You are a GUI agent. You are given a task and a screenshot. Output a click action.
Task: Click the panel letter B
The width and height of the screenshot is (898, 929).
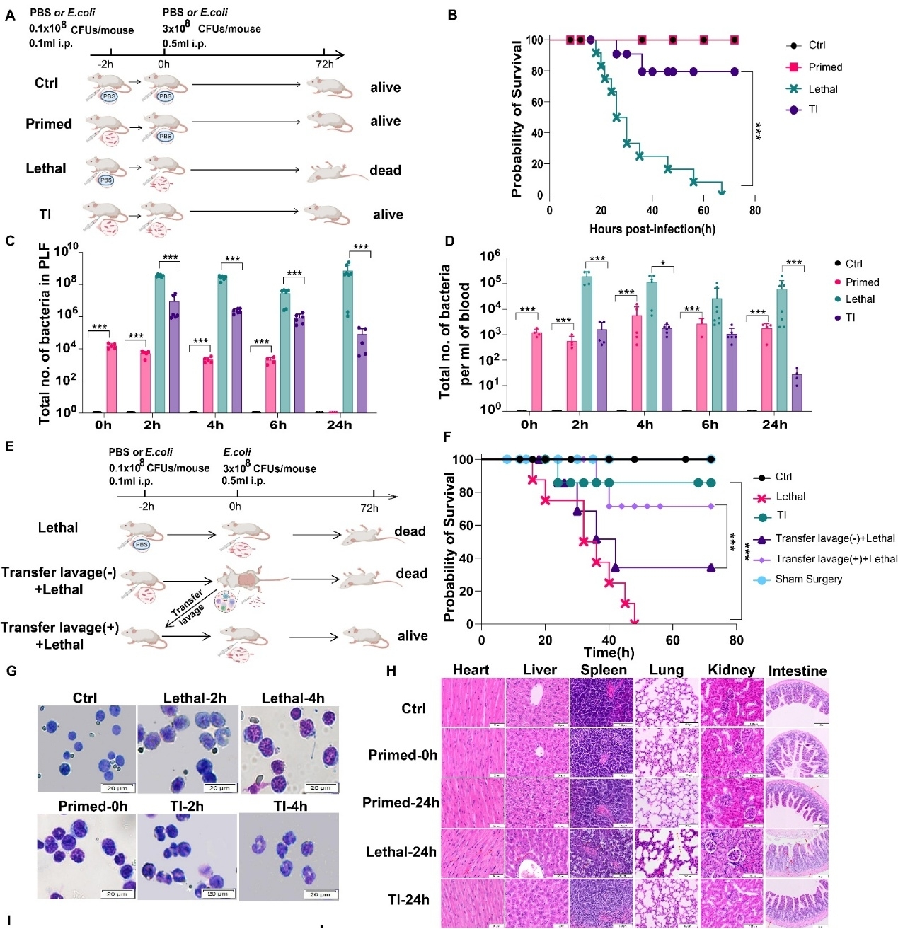[x=452, y=15]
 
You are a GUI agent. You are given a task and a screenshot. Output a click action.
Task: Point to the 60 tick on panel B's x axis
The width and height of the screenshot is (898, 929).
[x=703, y=210]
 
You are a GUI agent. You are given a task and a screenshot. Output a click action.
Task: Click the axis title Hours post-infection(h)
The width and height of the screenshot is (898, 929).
[x=652, y=229]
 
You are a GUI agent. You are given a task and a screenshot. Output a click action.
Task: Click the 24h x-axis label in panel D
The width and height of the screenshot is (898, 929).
[x=774, y=425]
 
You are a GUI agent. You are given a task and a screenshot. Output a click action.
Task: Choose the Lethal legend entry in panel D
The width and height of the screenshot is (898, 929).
[x=860, y=299]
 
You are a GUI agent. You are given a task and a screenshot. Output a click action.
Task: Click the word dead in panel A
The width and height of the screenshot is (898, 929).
[x=385, y=171]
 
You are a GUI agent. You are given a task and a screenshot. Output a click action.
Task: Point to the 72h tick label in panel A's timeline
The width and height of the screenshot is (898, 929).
[x=325, y=64]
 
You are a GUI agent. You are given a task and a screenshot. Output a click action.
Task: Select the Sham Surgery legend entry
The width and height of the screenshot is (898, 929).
[x=808, y=579]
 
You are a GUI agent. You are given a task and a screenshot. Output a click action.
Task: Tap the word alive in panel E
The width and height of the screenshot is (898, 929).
[x=413, y=636]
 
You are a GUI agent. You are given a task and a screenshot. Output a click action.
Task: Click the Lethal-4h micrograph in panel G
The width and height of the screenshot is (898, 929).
[x=290, y=749]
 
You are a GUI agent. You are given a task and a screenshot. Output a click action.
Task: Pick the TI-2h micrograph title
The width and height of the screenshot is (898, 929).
[x=186, y=806]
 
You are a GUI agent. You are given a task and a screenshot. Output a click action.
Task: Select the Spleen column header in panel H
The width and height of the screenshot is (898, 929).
[x=604, y=670]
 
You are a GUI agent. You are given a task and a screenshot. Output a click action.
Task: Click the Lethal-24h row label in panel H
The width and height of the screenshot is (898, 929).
[x=401, y=852]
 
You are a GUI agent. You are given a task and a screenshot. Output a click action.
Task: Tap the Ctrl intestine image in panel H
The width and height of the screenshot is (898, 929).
[x=797, y=703]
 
